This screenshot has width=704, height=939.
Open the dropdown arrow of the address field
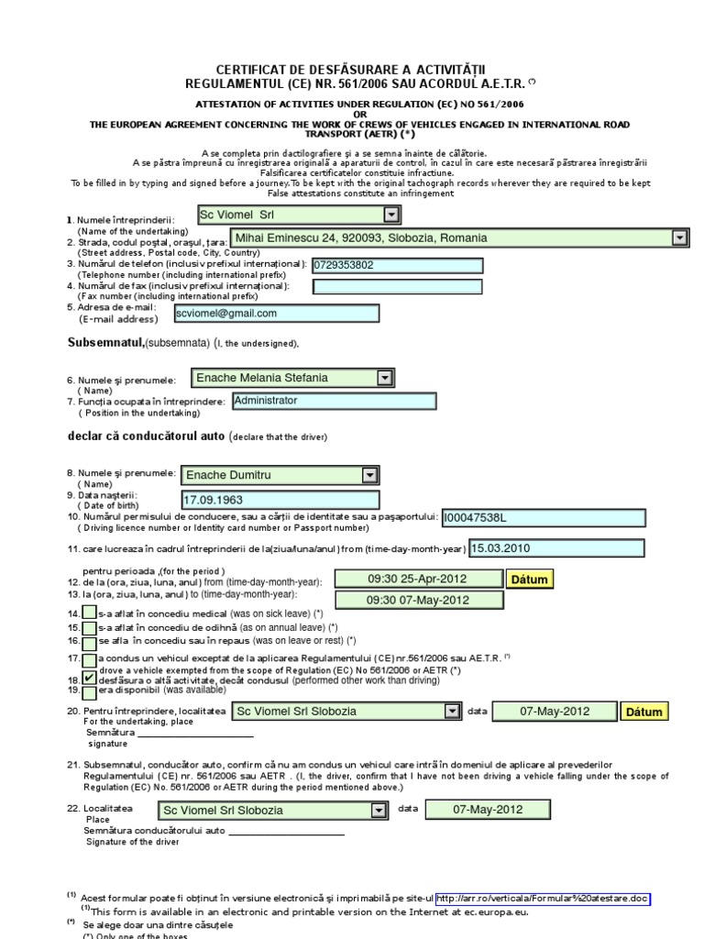click(x=679, y=238)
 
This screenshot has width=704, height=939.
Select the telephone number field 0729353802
click(x=397, y=265)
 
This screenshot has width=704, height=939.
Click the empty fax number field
click(x=397, y=287)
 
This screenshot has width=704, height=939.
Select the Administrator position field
click(x=334, y=401)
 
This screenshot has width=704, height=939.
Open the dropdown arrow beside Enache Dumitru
click(x=369, y=475)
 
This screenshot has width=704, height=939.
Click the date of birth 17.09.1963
click(x=280, y=501)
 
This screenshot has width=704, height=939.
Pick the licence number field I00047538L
click(x=543, y=518)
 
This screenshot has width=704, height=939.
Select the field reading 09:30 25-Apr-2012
click(x=418, y=579)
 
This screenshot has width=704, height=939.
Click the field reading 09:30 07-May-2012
click(x=418, y=600)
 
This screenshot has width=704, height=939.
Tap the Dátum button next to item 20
click(x=643, y=712)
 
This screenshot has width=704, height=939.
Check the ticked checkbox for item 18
click(x=88, y=678)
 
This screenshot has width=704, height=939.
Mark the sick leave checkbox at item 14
click(x=88, y=613)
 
